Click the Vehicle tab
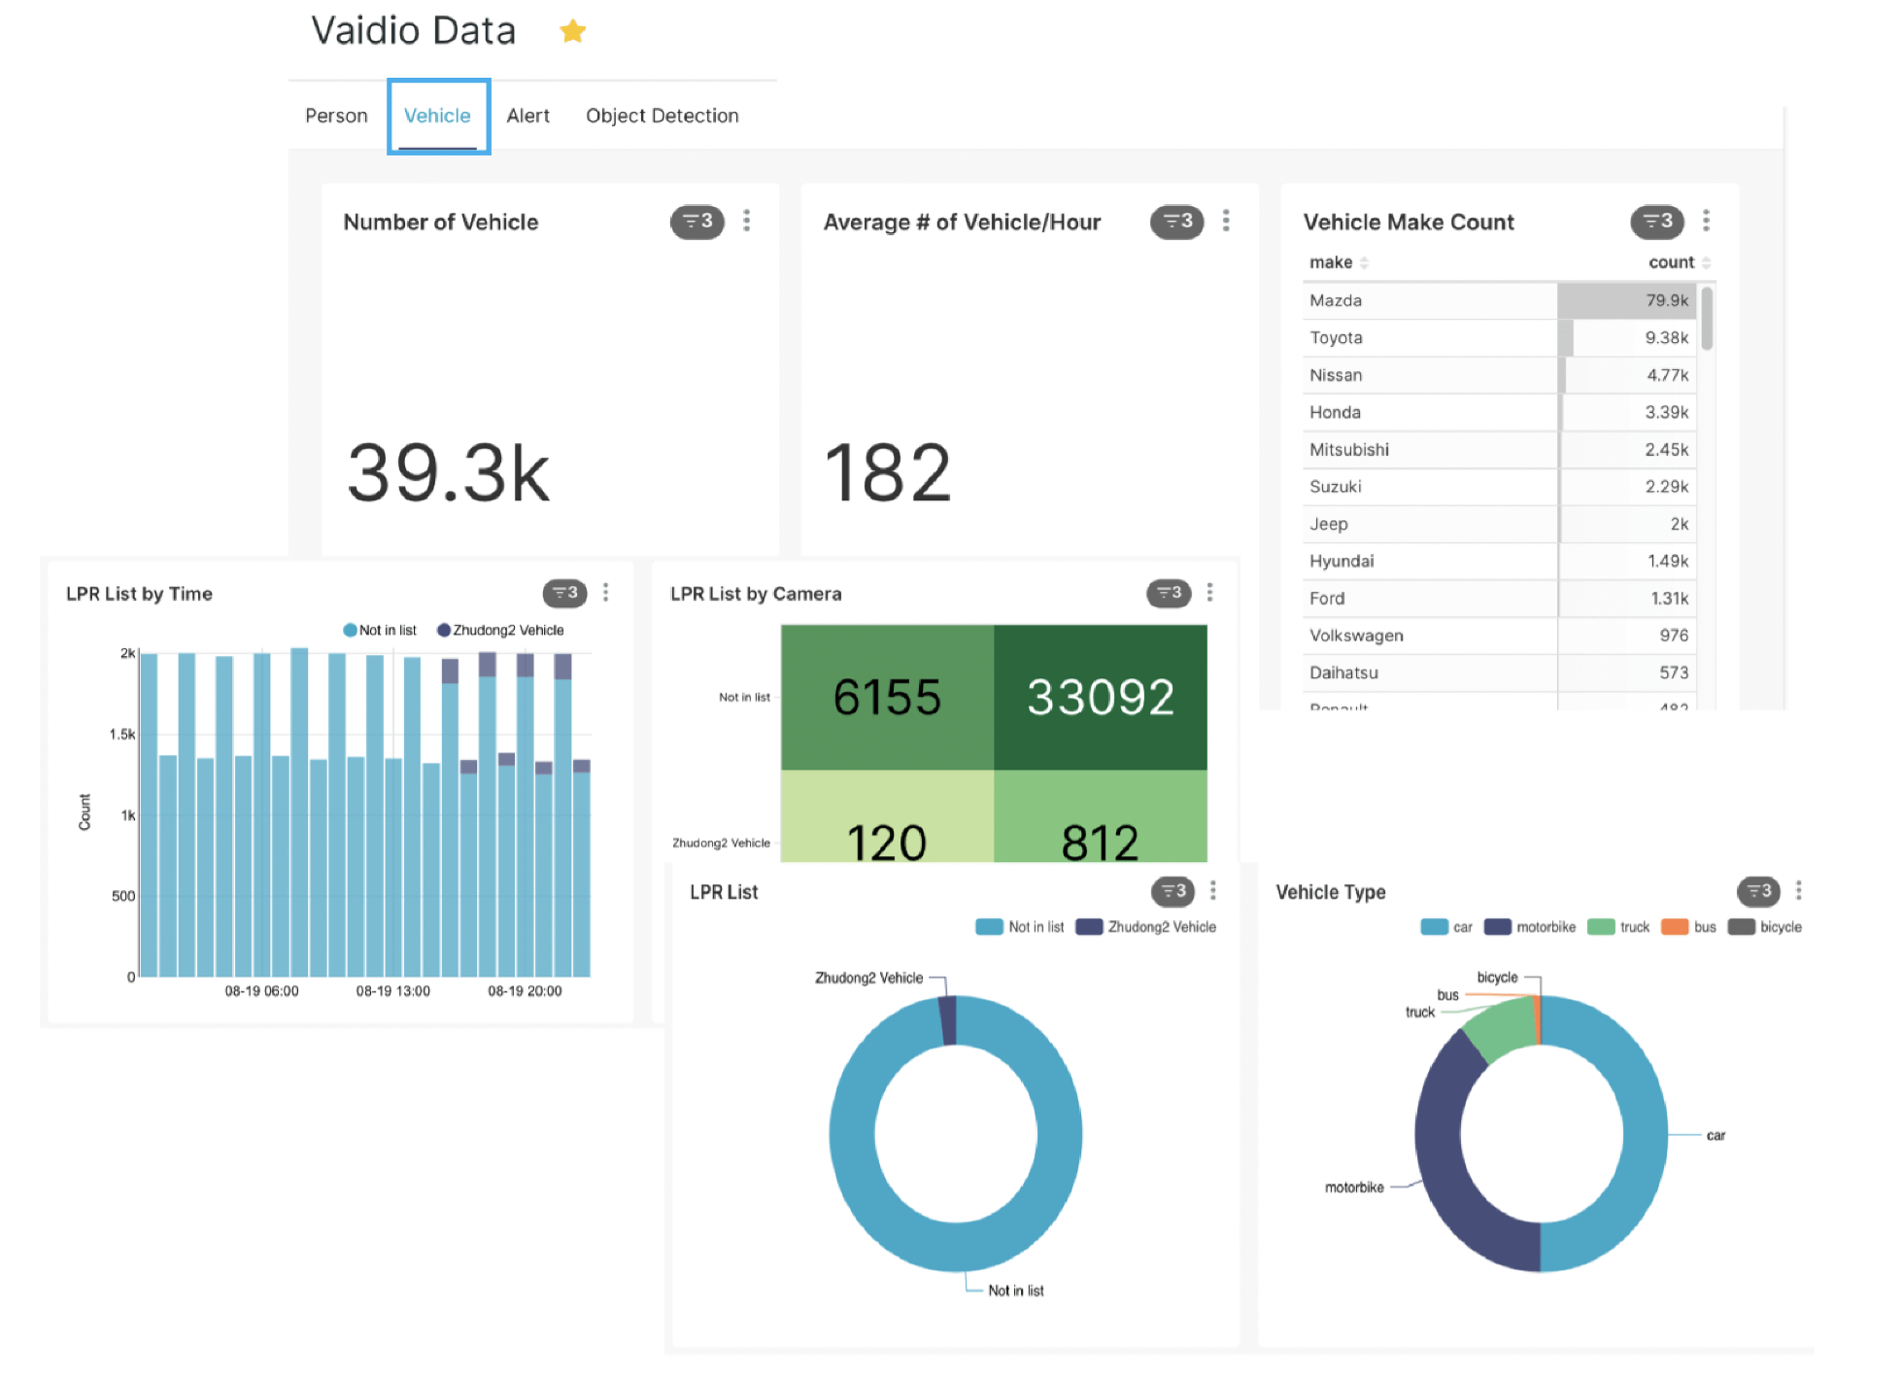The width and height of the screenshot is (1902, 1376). click(437, 116)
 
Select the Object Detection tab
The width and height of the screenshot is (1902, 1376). click(662, 116)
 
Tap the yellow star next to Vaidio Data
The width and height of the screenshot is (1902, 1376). click(572, 31)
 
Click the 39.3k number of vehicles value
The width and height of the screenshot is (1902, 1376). click(448, 473)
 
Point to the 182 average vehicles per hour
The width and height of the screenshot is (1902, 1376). click(887, 473)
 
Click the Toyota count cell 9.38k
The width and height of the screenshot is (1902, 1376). click(1666, 338)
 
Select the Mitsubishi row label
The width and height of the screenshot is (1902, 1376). click(1348, 450)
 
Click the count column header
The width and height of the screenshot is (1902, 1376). click(1671, 262)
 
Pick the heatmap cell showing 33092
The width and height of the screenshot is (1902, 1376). click(1100, 697)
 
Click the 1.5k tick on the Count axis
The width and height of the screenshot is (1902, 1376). click(122, 735)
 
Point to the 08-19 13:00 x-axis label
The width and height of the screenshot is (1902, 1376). click(392, 991)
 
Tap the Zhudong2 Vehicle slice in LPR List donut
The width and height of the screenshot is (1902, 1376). click(948, 1019)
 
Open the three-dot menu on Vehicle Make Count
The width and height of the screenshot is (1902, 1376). click(1706, 221)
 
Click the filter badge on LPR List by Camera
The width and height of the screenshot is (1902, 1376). click(1168, 593)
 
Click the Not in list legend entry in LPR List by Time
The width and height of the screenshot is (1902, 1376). click(380, 631)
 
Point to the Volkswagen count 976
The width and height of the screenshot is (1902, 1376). click(1673, 636)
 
